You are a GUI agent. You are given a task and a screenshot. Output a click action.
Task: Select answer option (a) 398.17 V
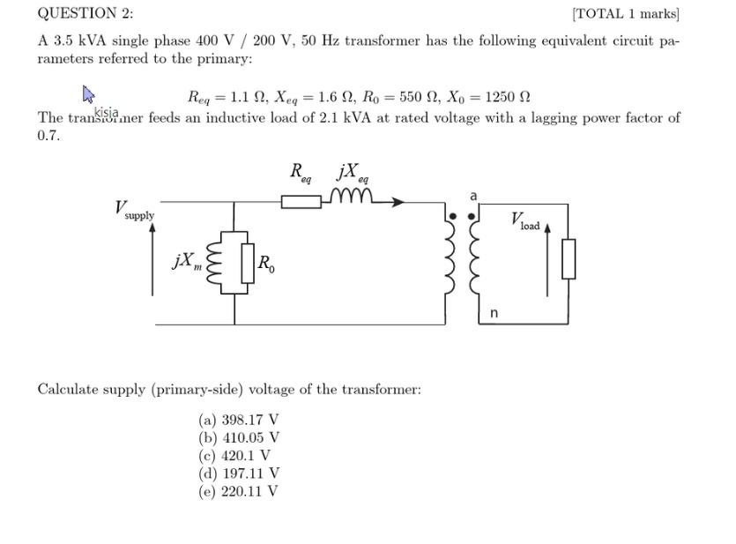[x=239, y=420]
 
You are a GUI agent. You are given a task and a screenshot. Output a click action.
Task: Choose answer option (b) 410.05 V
[x=239, y=437]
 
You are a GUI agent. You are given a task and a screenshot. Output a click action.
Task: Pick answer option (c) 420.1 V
[x=234, y=455]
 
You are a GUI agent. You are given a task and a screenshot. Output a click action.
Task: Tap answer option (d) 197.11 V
[x=239, y=473]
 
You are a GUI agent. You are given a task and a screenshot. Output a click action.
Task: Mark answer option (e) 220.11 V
[x=239, y=490]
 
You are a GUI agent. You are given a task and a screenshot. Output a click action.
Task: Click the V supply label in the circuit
[x=134, y=210]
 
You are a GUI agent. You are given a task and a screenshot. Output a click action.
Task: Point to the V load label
[x=525, y=220]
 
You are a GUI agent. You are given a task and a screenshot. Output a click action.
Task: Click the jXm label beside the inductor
[x=186, y=261]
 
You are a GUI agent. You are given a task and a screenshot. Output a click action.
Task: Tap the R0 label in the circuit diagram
[x=265, y=263]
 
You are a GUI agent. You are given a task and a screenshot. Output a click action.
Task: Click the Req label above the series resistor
[x=301, y=172]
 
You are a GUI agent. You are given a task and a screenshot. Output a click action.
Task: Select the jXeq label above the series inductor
[x=352, y=172]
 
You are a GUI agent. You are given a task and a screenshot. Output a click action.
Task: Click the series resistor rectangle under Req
[x=301, y=202]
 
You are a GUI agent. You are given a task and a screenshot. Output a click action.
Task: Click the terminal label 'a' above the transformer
[x=472, y=194]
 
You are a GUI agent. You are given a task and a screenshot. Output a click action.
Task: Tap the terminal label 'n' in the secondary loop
[x=494, y=313]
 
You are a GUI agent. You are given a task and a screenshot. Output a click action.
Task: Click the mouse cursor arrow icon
[x=89, y=93]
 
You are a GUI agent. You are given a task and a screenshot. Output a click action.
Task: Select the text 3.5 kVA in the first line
[x=83, y=41]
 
